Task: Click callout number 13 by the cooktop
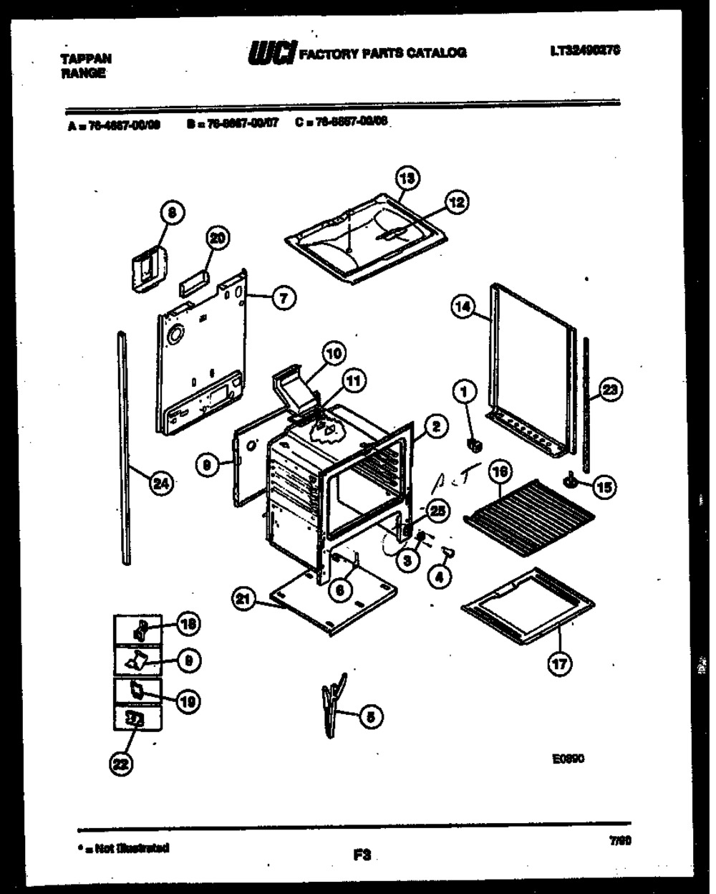[408, 178]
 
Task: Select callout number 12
[456, 203]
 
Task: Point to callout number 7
[284, 298]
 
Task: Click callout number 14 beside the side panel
[463, 307]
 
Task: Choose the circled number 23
[610, 390]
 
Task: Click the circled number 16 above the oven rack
[499, 471]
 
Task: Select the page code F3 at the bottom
[360, 854]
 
